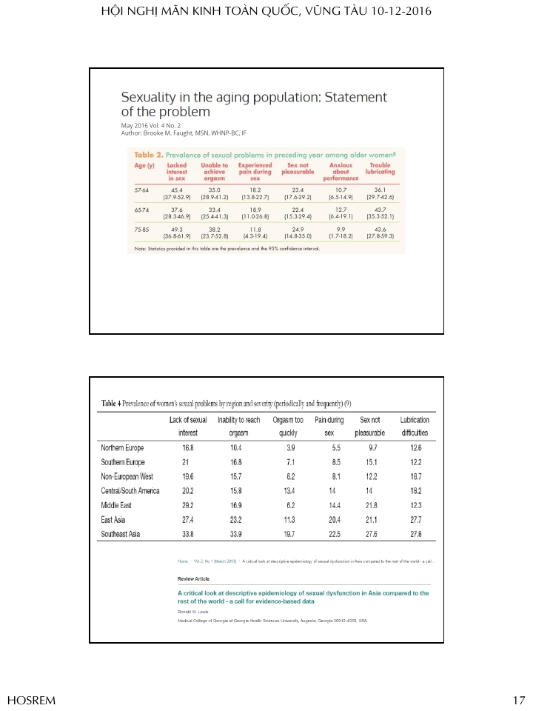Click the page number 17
pos(519,700)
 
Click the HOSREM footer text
pos(31,700)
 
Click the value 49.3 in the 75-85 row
pos(177,230)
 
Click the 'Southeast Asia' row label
pos(124,533)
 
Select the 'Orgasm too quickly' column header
pos(289,426)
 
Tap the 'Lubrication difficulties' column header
pos(415,426)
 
